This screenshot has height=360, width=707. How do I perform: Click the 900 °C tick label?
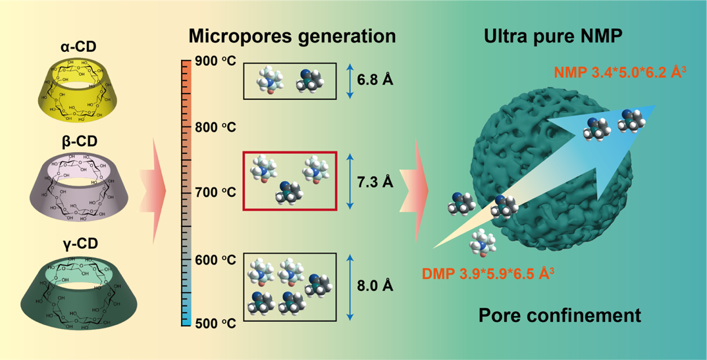coord(217,61)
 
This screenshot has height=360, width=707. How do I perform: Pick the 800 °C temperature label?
coord(217,127)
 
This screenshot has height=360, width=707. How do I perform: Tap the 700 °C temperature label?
coord(217,193)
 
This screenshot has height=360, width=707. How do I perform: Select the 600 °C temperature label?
coord(217,260)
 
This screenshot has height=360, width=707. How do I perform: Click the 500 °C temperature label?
coord(217,323)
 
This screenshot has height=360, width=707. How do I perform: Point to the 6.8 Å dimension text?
coord(375,80)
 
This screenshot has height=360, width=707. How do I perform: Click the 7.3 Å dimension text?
coord(375,181)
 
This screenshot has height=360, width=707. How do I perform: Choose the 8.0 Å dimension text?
coord(375,286)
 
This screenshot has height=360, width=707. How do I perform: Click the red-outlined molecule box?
coord(290,181)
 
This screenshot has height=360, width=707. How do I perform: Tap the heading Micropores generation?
coord(292,36)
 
